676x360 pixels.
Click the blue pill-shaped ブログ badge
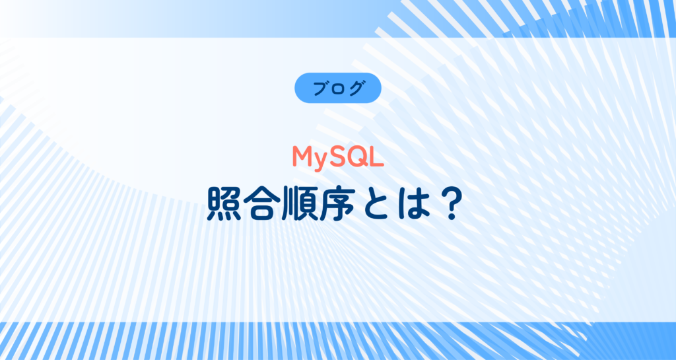coord(337,88)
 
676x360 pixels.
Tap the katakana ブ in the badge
coord(320,88)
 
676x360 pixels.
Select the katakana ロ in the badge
coord(338,89)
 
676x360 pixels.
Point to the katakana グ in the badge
coord(355,88)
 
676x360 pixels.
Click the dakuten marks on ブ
coord(325,82)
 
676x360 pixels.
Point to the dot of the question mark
coord(452,217)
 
